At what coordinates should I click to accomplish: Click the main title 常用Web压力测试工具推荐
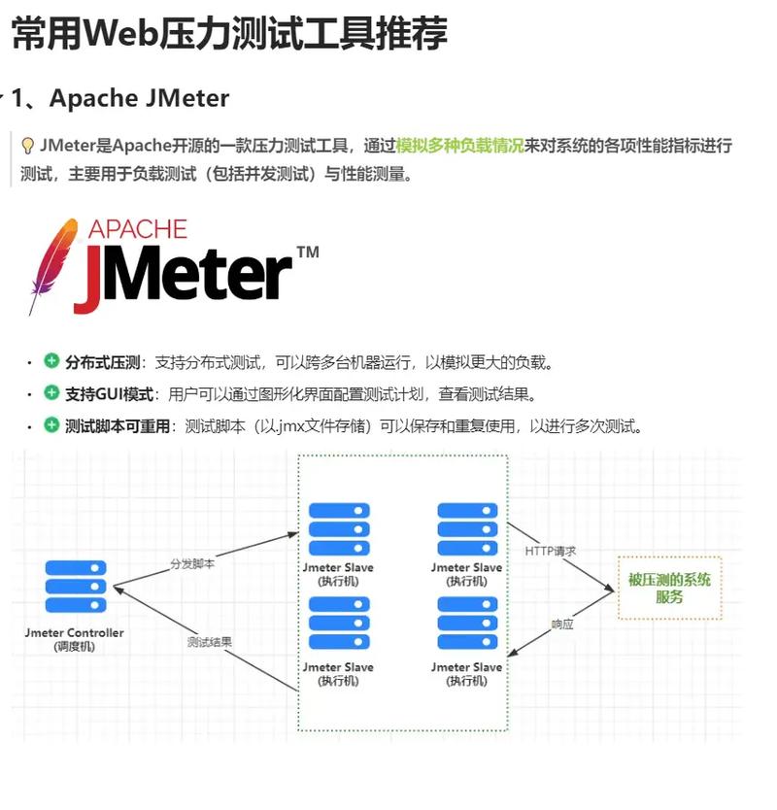229,33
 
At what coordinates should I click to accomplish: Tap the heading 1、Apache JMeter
119,98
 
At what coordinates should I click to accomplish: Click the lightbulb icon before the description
28,146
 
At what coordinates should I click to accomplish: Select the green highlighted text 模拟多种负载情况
459,146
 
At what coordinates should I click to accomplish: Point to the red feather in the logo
53,263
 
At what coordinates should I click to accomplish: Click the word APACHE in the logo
137,229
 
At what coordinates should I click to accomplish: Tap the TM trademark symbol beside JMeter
307,253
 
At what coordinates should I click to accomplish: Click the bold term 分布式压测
103,362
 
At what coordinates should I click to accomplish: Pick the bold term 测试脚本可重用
117,426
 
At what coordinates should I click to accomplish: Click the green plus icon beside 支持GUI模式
51,393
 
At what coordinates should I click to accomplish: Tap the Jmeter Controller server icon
75,587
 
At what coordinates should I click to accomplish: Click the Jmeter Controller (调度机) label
75,639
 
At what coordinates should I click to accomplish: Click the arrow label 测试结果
209,642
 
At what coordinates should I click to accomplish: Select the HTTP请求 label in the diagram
551,551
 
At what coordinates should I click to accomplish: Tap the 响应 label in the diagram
562,624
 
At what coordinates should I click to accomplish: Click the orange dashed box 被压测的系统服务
669,588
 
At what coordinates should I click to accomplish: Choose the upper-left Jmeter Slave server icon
338,529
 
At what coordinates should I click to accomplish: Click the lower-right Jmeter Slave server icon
466,624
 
